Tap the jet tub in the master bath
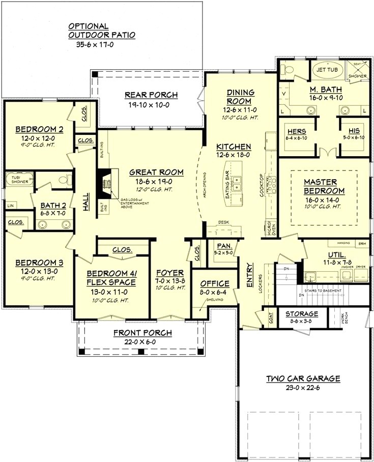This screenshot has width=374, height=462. pyautogui.click(x=328, y=70)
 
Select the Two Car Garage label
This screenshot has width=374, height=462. pyautogui.click(x=303, y=379)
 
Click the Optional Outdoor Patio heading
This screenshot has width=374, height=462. pyautogui.click(x=102, y=31)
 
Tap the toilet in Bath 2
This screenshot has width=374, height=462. pyautogui.click(x=65, y=180)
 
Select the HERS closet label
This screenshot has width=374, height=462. pyautogui.click(x=297, y=131)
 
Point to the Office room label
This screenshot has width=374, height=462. pyautogui.click(x=215, y=283)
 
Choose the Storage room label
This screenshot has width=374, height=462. pyautogui.click(x=302, y=314)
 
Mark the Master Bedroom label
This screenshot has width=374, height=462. pyautogui.click(x=324, y=186)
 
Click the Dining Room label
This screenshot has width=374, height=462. pyautogui.click(x=240, y=97)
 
